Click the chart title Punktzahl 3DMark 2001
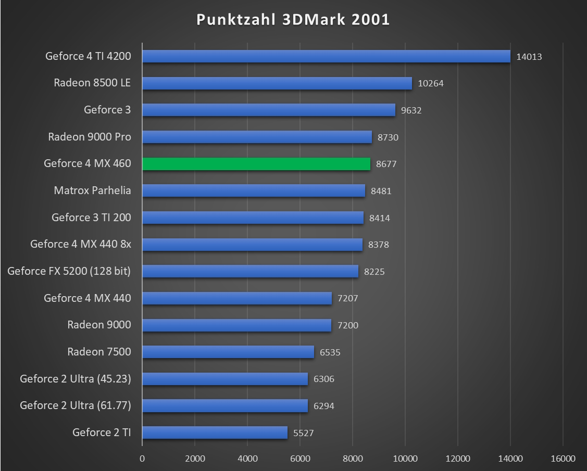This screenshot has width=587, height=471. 293,20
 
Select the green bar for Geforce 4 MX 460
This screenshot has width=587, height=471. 256,164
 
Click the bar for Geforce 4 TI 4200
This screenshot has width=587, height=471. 326,56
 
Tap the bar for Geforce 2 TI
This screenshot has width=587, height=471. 215,432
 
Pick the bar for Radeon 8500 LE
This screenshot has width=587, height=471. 277,83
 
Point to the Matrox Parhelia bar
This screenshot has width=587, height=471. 254,190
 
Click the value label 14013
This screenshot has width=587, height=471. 529,57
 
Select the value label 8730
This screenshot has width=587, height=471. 388,137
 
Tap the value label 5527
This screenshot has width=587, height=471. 304,432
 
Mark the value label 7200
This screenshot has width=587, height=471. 348,325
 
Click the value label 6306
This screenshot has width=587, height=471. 324,379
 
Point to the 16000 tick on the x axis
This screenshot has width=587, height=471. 563,459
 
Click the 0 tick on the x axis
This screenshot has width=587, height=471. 142,459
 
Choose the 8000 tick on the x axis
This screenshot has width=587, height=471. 353,459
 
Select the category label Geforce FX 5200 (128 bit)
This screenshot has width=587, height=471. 69,271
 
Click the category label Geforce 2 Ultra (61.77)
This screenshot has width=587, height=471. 76,405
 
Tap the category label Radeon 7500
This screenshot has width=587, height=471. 99,352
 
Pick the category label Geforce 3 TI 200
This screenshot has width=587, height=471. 91,218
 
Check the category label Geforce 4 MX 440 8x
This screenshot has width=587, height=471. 81,244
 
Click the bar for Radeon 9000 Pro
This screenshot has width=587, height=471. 257,137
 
